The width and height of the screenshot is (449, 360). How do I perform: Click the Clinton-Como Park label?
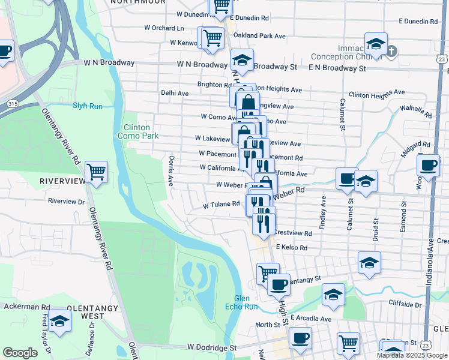pos(140,131)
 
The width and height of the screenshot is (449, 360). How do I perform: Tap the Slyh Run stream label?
pos(88,106)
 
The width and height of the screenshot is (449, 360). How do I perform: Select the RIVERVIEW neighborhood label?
pos(60,181)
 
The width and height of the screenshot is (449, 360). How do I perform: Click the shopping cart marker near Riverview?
pos(96,173)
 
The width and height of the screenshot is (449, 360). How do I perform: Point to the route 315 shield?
pos(11,104)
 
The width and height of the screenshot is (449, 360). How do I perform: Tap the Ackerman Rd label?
pos(25,306)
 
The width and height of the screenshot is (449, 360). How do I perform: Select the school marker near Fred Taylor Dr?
pos(59,321)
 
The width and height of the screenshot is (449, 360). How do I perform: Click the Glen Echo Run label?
pos(246,303)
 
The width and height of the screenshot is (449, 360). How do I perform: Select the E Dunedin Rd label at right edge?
pos(418,21)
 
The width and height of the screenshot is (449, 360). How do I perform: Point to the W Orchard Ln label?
pos(164,28)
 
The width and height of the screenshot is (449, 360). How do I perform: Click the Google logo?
pos(20,353)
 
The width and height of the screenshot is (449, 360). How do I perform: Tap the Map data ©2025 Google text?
pos(412,355)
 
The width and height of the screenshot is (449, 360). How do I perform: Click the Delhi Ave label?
pos(175,93)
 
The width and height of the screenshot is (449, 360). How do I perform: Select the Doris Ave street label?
pos(171,170)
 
